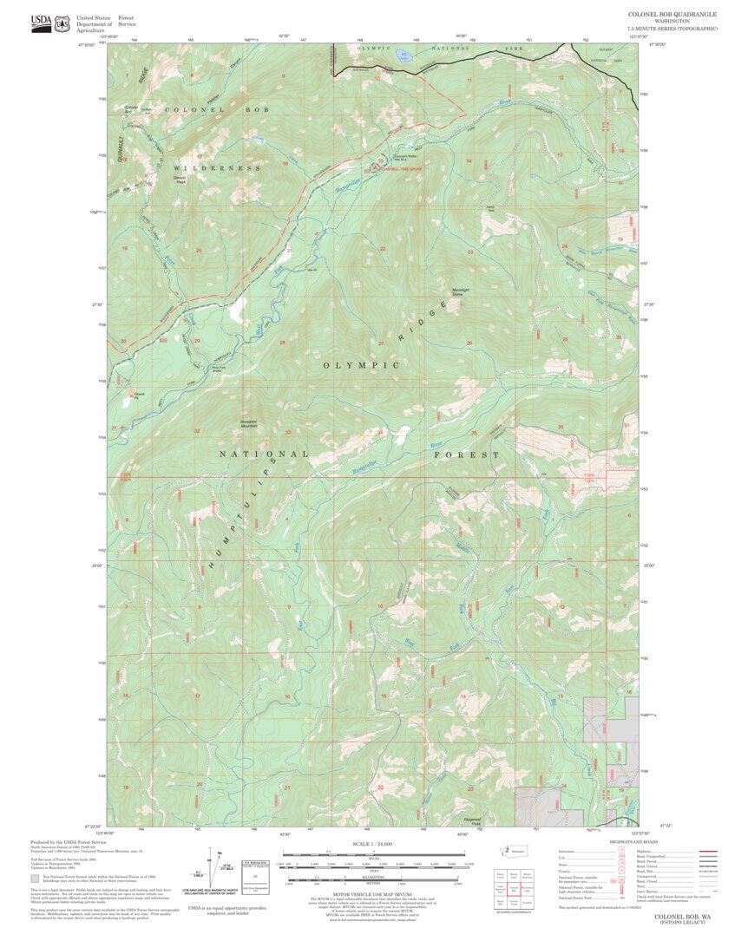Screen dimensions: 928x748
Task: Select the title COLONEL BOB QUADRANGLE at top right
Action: pos(672,15)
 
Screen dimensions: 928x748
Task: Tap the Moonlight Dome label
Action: pos(461,291)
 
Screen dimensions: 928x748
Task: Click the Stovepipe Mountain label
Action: pos(250,424)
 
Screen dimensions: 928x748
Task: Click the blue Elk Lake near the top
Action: pos(404,56)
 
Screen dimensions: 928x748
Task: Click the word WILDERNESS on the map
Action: pos(217,167)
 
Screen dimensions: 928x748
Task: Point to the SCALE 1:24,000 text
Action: pos(372,843)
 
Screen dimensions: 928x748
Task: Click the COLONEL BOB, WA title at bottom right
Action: pos(682,916)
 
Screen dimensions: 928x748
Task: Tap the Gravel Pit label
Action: pos(138,395)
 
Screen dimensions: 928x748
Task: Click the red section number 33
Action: pos(288,432)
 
